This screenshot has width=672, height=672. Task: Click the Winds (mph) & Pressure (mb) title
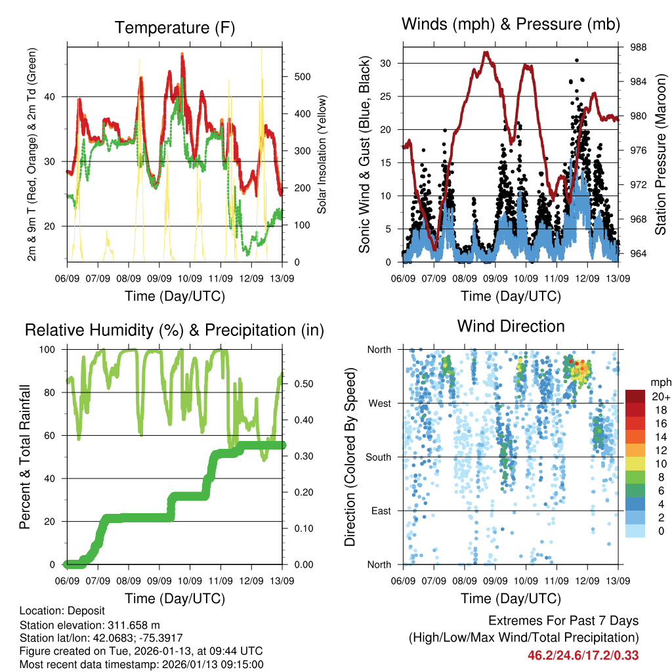pyautogui.click(x=511, y=25)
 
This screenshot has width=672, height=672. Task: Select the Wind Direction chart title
pyautogui.click(x=511, y=325)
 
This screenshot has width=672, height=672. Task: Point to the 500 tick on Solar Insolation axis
pyautogui.click(x=303, y=77)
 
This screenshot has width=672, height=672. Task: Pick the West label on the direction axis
pyautogui.click(x=379, y=403)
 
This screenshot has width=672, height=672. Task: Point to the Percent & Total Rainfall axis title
pyautogui.click(x=25, y=457)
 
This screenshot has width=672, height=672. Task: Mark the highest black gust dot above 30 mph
pyautogui.click(x=576, y=60)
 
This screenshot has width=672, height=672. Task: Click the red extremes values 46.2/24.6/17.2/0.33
pyautogui.click(x=583, y=655)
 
